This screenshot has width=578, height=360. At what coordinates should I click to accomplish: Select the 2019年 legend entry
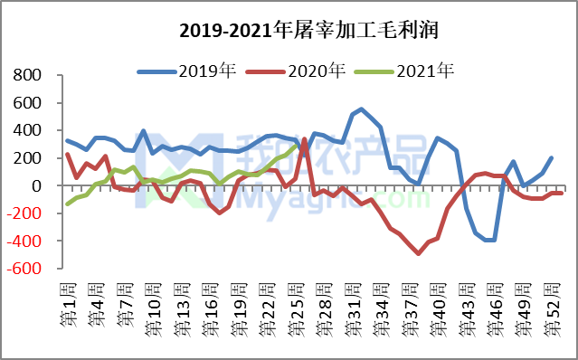(x=208, y=70)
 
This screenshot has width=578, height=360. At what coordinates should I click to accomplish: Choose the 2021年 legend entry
(x=424, y=70)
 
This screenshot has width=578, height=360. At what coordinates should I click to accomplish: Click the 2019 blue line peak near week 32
(x=362, y=109)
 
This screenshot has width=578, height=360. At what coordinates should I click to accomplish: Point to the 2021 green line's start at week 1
(x=68, y=204)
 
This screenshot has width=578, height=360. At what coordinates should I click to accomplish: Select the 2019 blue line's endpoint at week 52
(x=552, y=158)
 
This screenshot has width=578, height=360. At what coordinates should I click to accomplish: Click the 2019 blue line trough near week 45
(x=490, y=241)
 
